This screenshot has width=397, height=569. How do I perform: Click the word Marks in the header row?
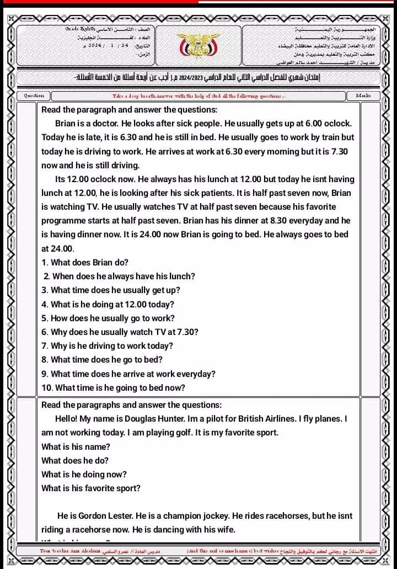click(363, 95)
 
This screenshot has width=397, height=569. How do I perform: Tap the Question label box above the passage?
click(34, 95)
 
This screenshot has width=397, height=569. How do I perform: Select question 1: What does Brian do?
click(85, 263)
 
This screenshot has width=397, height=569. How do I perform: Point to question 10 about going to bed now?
click(113, 388)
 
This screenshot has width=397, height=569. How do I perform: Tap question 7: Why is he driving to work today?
click(107, 346)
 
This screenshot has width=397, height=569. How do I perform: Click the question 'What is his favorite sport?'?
click(91, 488)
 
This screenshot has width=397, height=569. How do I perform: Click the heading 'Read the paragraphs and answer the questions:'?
click(131, 405)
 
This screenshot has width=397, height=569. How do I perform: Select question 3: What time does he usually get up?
click(110, 290)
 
